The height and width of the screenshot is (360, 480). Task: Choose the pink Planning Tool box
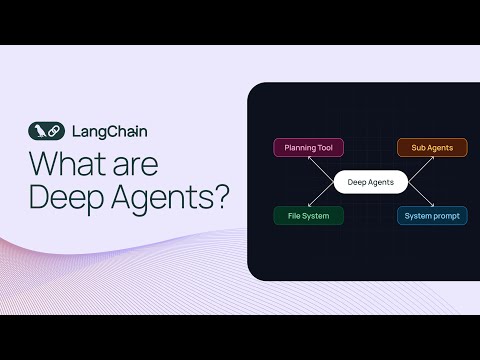tap(309, 148)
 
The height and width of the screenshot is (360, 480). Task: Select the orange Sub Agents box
tap(432, 148)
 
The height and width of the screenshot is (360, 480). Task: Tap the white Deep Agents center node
tap(370, 182)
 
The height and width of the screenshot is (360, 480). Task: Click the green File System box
tap(309, 215)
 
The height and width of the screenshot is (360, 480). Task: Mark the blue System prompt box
tap(432, 215)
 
